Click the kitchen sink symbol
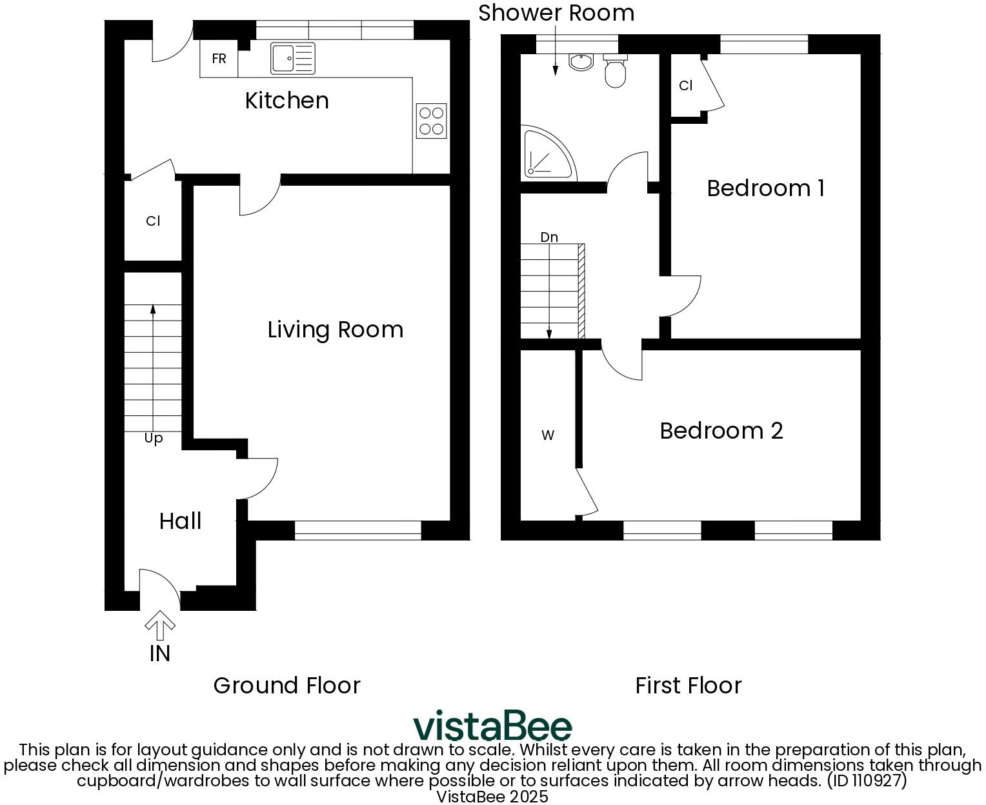pos(293,58)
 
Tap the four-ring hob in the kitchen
pos(431,121)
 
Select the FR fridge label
pos(219,59)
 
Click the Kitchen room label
pos(287,101)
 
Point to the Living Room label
pos(335,330)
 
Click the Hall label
pos(180,521)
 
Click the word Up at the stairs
pos(153,439)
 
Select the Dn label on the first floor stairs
pos(548,237)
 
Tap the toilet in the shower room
pos(614,71)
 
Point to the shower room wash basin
pos(581,61)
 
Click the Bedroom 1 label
pos(765,188)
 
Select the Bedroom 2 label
pos(721,431)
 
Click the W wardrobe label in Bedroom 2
pos(547,435)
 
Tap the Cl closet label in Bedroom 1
pos(685,86)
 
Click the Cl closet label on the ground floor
pos(152,221)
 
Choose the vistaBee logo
pos(492,726)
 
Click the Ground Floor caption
pos(287,685)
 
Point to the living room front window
pos(357,530)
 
